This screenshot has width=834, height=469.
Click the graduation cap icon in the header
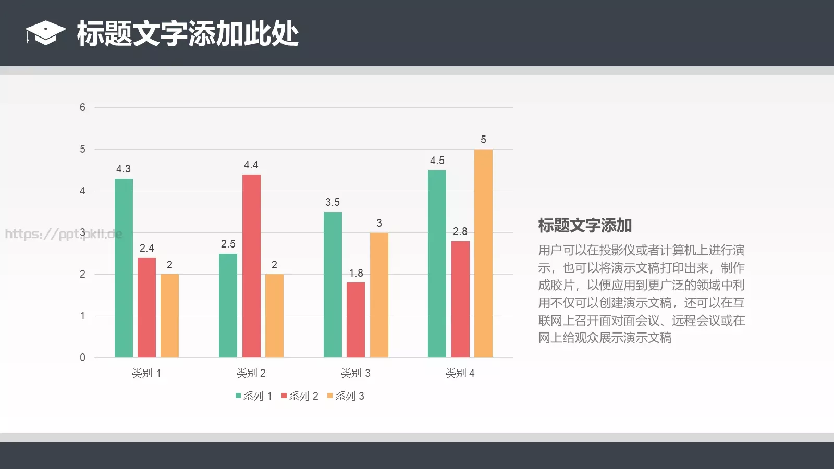(x=45, y=33)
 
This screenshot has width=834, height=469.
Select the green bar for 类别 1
(x=124, y=268)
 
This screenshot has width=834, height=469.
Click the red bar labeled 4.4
(x=251, y=266)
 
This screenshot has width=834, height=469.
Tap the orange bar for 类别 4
(x=483, y=253)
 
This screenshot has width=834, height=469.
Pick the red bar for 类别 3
(x=355, y=320)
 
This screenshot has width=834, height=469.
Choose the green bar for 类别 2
(x=228, y=305)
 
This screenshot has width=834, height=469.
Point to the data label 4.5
(x=437, y=161)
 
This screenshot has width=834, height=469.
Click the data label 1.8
(x=356, y=273)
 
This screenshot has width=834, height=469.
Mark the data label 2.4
(x=146, y=248)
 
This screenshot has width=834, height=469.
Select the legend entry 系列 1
(x=254, y=396)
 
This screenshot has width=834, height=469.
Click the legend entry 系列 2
(x=300, y=396)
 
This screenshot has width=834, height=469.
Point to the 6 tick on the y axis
(x=82, y=107)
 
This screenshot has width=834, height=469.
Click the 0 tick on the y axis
(x=82, y=357)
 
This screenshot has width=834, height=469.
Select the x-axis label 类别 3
(x=355, y=373)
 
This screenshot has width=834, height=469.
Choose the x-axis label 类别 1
(x=146, y=373)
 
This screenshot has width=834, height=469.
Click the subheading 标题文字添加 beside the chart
(x=585, y=226)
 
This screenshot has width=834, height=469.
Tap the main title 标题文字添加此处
(x=188, y=34)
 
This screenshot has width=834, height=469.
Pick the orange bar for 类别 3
(x=379, y=295)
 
